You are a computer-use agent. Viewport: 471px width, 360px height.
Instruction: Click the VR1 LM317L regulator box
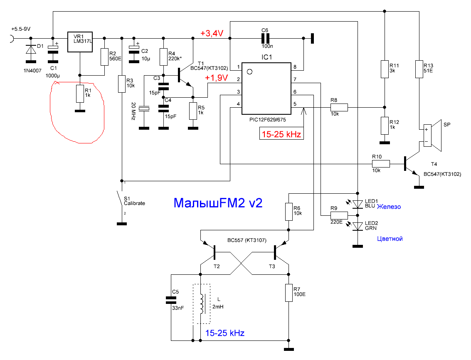80,42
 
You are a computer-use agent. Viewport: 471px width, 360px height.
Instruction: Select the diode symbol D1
31,49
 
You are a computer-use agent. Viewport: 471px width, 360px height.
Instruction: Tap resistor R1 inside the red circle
79,94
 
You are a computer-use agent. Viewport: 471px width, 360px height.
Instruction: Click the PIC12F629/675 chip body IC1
266,89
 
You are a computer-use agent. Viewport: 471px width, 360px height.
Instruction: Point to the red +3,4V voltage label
212,33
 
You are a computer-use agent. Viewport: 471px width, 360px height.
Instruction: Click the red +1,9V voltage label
216,78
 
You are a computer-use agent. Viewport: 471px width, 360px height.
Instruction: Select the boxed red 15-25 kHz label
281,134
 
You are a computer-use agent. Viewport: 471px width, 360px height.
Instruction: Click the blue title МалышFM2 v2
218,203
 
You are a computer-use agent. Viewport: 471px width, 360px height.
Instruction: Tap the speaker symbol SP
433,135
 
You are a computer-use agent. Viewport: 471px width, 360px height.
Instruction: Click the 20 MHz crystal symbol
144,109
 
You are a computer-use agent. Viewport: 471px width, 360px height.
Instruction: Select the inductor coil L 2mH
202,303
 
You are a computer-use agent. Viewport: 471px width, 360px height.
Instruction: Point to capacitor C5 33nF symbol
171,300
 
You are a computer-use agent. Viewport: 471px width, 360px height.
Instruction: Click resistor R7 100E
289,292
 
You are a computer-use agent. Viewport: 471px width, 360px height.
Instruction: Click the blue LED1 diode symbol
358,205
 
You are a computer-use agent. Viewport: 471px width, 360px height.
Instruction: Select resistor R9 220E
339,215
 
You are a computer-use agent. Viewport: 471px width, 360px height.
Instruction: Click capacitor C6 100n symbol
265,39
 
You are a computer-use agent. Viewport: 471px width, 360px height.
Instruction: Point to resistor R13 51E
419,69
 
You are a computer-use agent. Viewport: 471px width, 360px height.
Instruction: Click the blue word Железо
389,207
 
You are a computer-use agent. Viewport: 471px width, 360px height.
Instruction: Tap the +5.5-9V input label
21,29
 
